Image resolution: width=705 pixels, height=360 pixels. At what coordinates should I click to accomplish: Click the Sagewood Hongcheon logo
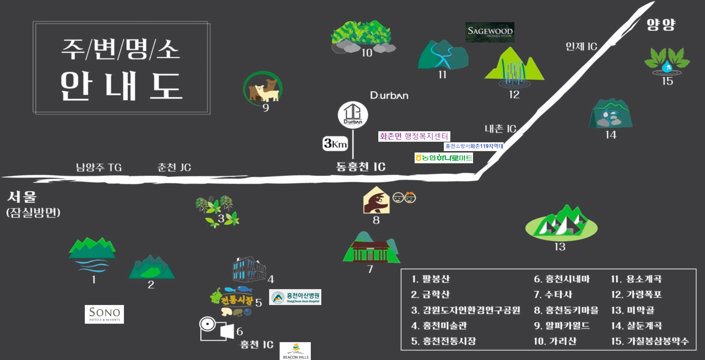pos(490,32)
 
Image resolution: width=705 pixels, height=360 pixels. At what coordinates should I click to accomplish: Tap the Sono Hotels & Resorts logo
pos(104,314)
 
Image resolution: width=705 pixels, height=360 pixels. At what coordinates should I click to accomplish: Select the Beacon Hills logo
pos(295,351)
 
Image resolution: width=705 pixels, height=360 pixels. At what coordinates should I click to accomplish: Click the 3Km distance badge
pos(335,143)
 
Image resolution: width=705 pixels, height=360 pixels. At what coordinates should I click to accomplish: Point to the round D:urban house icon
pos(353,115)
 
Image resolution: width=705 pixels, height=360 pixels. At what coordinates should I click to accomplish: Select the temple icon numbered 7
pos(371,249)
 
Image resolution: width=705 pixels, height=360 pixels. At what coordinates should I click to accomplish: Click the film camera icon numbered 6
pos(216,329)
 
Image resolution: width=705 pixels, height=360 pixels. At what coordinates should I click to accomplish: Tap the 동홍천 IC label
pos(361,167)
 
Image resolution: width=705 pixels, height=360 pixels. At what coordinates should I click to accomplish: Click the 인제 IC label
pos(581,46)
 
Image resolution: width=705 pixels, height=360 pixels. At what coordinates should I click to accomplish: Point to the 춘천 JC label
pos(174,167)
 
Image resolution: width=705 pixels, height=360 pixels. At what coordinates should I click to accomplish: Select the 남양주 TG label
pos(99,167)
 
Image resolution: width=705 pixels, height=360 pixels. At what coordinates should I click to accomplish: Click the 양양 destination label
pos(661,25)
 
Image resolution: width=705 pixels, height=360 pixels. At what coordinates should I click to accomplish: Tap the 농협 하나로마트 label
pos(444,158)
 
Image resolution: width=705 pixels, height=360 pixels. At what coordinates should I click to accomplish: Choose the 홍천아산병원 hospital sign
pos(295,297)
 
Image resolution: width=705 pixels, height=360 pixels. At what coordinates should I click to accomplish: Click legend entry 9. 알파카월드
pos(562,326)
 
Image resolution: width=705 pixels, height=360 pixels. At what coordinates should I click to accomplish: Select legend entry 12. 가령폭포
pos(636,295)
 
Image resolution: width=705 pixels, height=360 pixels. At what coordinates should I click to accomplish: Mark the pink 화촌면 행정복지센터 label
pos(414,136)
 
